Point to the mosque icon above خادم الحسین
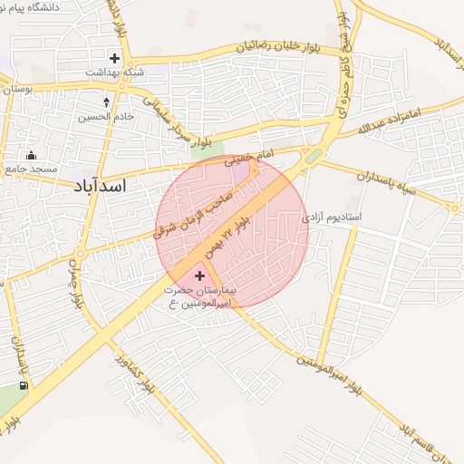107,101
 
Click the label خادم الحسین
106,116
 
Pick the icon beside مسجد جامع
32,154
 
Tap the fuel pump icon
23,385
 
